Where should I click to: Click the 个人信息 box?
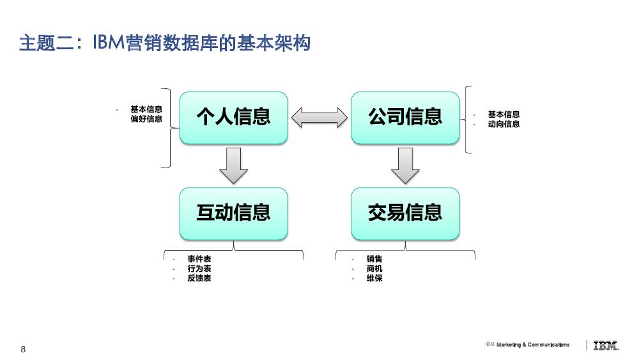coord(233,118)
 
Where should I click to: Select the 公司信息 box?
coord(405,118)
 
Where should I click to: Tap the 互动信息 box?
coord(233,214)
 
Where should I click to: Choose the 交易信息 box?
coord(405,214)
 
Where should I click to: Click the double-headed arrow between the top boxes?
coord(319,118)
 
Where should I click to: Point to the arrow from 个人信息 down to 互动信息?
coord(233,166)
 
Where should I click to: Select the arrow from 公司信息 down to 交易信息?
coord(405,166)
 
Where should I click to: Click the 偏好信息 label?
coord(146,119)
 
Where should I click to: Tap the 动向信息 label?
coord(504,124)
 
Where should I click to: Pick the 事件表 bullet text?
coord(199,259)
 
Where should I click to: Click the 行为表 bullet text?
coord(199,269)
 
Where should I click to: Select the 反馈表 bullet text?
coord(199,278)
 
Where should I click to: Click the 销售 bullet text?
coord(374,259)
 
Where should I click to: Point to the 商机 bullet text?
coord(374,269)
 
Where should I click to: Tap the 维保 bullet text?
coord(374,278)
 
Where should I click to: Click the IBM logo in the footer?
coord(606,345)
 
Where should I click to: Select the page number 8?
coord(23,349)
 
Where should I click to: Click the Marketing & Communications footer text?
coord(533,345)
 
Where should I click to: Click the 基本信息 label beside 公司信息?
coord(504,114)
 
